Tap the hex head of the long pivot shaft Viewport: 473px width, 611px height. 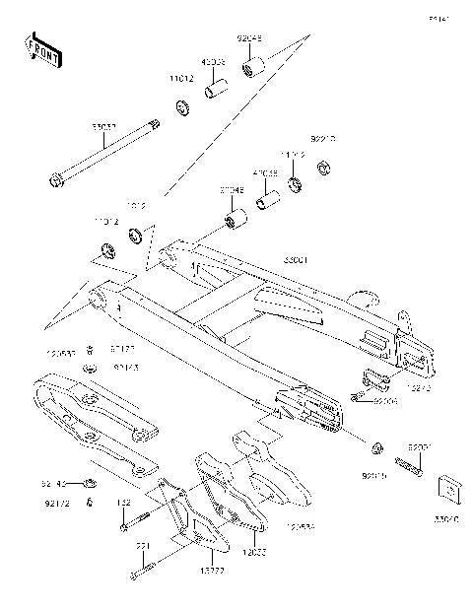(54, 180)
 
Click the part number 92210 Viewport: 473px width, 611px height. (324, 141)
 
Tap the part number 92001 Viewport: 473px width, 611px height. (422, 446)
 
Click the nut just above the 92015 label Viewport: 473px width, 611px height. (376, 449)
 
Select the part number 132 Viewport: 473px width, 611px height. (124, 504)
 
